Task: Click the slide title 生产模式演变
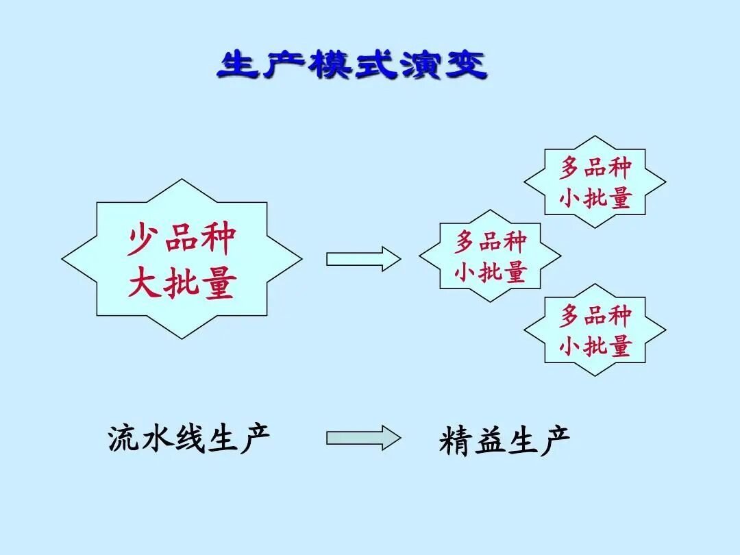[352, 66]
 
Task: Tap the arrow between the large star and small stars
[362, 259]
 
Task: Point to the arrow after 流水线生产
[362, 437]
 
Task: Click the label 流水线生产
[189, 438]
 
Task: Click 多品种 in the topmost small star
[595, 167]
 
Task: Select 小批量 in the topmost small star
[595, 198]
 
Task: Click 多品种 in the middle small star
[490, 242]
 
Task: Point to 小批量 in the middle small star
[490, 272]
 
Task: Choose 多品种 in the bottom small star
[595, 316]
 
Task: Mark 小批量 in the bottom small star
[595, 347]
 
